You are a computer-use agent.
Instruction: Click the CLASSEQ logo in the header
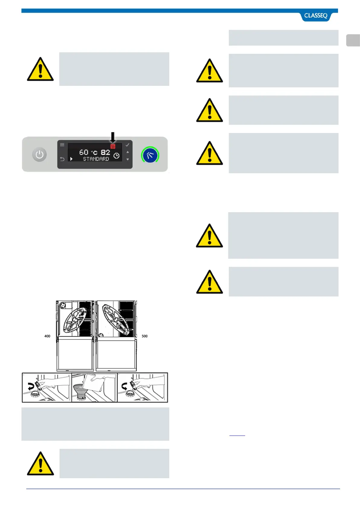pyautogui.click(x=316, y=16)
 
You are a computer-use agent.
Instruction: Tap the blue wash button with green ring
pyautogui.click(x=150, y=155)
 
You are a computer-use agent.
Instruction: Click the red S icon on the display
pyautogui.click(x=113, y=146)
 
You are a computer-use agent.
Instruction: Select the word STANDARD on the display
pyautogui.click(x=96, y=159)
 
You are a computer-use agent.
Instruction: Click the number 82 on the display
pyautogui.click(x=105, y=152)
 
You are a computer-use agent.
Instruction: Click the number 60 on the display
pyautogui.click(x=84, y=152)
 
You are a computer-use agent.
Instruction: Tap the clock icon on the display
pyautogui.click(x=116, y=156)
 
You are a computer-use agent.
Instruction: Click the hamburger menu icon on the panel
pyautogui.click(x=62, y=145)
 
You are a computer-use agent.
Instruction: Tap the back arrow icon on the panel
pyautogui.click(x=62, y=159)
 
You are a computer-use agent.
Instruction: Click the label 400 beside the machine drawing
pyautogui.click(x=47, y=336)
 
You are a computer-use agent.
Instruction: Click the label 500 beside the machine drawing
pyautogui.click(x=144, y=336)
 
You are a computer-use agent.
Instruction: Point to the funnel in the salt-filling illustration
pyautogui.click(x=80, y=391)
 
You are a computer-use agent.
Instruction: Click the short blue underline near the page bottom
pyautogui.click(x=237, y=436)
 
